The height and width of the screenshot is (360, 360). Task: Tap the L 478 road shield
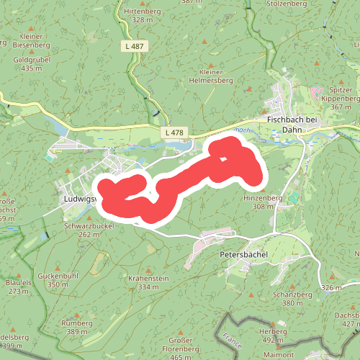(x=174, y=132)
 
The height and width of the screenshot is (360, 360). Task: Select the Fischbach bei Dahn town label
(x=297, y=125)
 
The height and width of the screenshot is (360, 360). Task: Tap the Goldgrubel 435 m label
(x=32, y=64)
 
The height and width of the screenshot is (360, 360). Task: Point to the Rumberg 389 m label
(x=78, y=328)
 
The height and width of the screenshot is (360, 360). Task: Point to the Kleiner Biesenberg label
(x=27, y=40)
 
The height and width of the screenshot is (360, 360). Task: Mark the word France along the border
(x=232, y=336)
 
